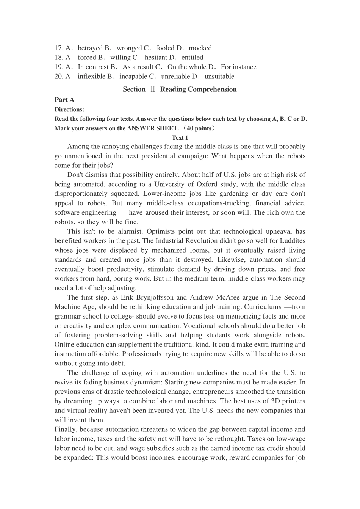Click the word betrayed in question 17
[x=91, y=48]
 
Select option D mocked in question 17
[x=200, y=48]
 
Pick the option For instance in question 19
[x=239, y=67]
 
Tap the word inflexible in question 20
[x=92, y=77]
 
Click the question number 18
[x=59, y=58]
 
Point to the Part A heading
[x=64, y=100]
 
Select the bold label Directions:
[x=69, y=109]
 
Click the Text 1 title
[x=180, y=138]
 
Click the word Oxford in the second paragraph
[x=207, y=184]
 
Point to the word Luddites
[x=292, y=241]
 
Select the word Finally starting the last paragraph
[x=66, y=429]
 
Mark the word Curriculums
[x=263, y=307]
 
